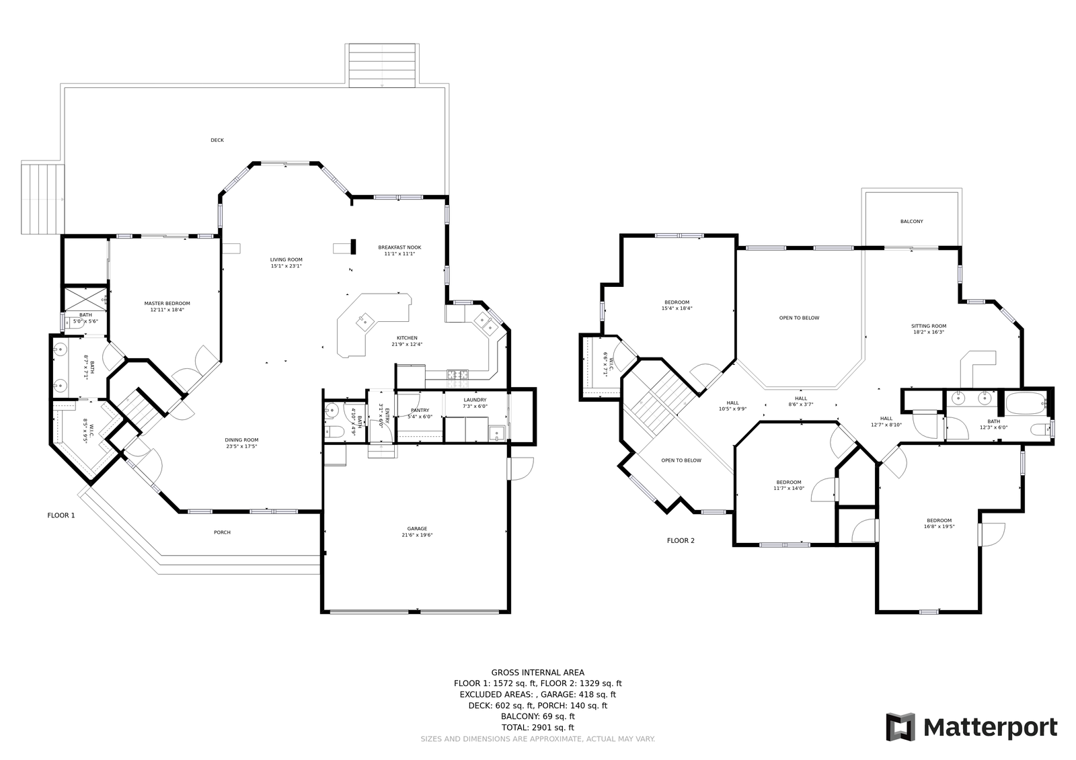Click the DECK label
click(217, 140)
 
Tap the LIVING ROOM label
click(286, 260)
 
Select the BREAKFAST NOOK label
click(399, 248)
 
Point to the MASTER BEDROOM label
click(167, 304)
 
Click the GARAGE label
click(417, 529)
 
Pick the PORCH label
click(223, 532)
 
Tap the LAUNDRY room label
click(475, 400)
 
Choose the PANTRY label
click(420, 411)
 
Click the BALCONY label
click(912, 221)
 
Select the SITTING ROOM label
click(929, 326)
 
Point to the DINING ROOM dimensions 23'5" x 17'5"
click(241, 446)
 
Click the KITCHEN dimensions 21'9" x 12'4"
click(407, 344)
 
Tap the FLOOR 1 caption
click(61, 515)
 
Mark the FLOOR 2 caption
click(681, 540)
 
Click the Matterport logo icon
click(900, 727)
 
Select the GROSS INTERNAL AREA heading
click(537, 673)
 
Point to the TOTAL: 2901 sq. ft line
click(537, 728)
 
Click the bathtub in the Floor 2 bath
click(1025, 404)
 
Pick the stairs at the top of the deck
click(382, 65)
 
